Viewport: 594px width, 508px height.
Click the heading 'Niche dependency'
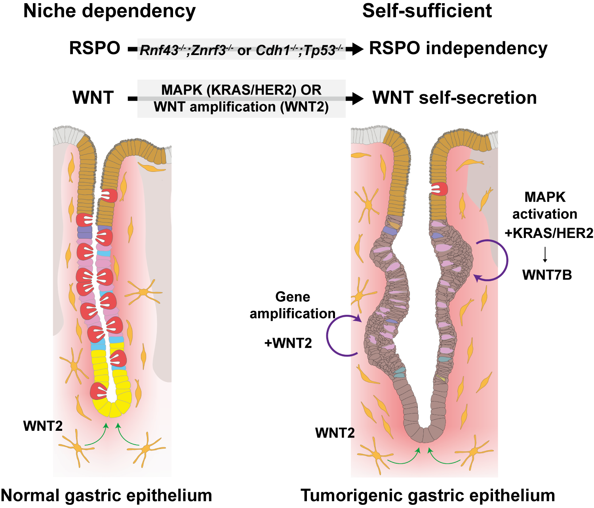coord(109,11)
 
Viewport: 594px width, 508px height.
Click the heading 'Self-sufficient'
coord(427,11)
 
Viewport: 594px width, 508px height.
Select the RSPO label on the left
coord(95,48)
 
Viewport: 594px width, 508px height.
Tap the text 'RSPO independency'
coord(458,48)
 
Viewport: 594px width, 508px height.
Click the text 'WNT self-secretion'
coord(455,98)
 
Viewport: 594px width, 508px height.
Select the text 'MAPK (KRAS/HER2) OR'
coord(241,90)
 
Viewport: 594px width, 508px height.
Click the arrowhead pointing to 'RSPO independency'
coord(357,49)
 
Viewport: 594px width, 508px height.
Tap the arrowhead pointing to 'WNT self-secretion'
coord(357,99)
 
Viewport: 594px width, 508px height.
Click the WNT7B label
coord(547,275)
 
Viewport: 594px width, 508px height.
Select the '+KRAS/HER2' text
coord(549,233)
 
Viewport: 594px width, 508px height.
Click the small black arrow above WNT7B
coord(545,255)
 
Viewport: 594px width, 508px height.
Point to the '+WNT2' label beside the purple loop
coord(288,343)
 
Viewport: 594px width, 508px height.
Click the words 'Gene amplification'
coord(292,305)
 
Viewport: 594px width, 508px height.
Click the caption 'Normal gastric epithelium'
coord(107,495)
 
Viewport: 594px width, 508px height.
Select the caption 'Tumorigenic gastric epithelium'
coord(428,495)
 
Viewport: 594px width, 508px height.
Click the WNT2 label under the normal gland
coord(43,426)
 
